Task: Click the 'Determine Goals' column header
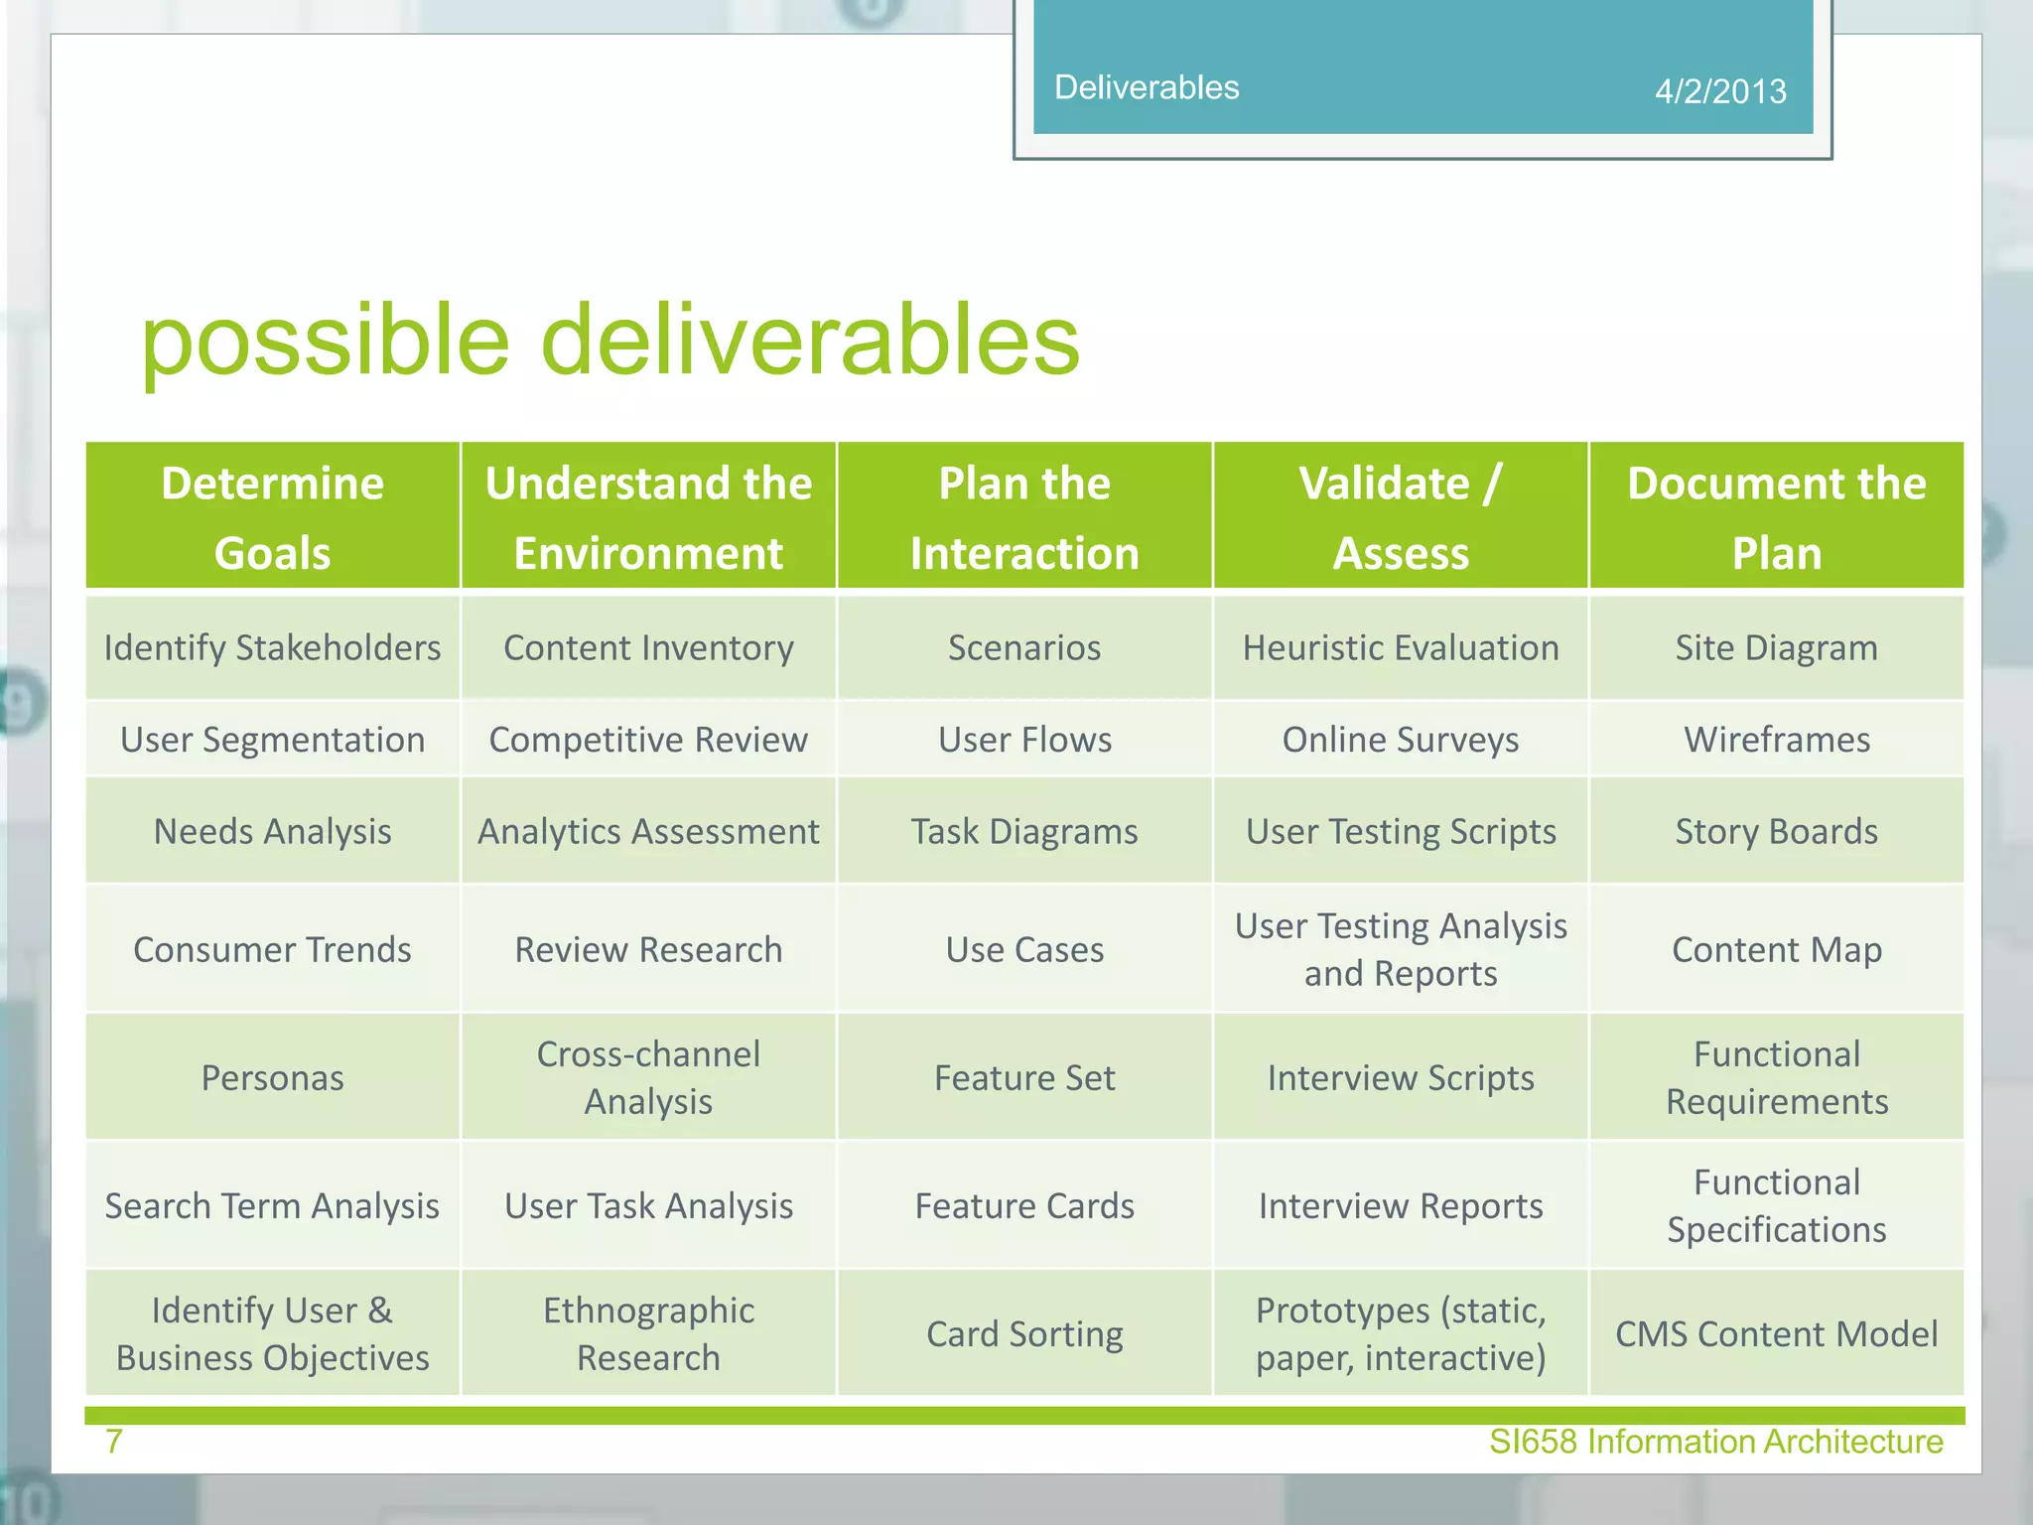(272, 517)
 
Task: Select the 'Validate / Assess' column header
(1400, 517)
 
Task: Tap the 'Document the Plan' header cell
(1776, 517)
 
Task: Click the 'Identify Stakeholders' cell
(272, 648)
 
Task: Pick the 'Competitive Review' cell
(648, 740)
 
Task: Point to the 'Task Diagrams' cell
(1024, 832)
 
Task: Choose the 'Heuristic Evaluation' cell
(1400, 648)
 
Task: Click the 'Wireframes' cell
(1776, 740)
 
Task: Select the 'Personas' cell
(272, 1078)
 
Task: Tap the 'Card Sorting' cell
(1024, 1334)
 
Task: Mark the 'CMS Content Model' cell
(1776, 1334)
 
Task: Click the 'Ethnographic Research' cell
(648, 1334)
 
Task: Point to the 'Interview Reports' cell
(1400, 1206)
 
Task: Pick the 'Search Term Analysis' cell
(272, 1206)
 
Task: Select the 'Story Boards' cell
(1776, 832)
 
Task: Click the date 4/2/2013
(1719, 91)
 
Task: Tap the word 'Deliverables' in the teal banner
(1147, 87)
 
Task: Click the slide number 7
(114, 1441)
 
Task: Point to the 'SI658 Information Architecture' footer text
(1715, 1442)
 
